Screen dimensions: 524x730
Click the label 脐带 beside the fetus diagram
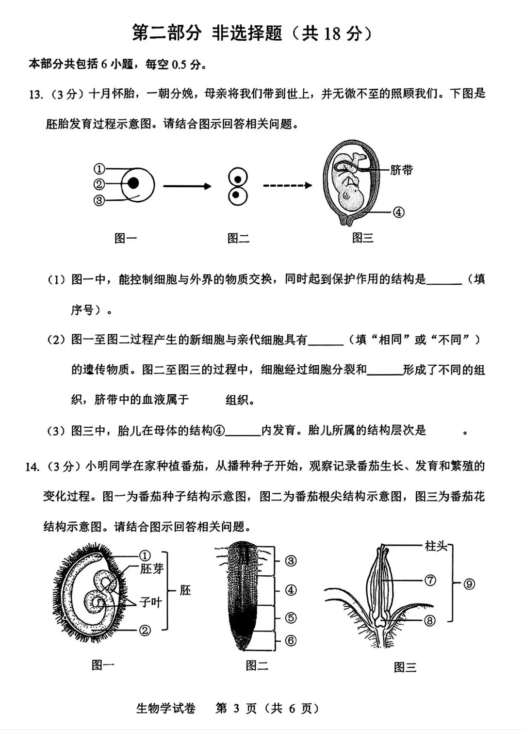point(401,170)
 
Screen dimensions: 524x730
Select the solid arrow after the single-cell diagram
point(187,186)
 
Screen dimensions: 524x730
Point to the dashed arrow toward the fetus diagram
point(287,185)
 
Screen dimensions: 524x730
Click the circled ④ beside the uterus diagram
point(398,212)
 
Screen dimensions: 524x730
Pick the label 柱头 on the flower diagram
point(436,546)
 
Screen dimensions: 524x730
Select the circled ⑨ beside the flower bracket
point(469,584)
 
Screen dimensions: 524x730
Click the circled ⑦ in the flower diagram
point(430,580)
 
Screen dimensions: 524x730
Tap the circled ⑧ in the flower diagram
point(430,620)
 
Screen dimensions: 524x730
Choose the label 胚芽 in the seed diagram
point(152,568)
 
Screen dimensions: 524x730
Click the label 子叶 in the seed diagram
point(150,602)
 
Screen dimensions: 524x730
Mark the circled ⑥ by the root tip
point(290,640)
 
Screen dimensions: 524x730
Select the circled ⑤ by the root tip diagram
point(290,617)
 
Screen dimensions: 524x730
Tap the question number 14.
point(32,467)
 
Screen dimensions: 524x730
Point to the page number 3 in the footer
point(236,709)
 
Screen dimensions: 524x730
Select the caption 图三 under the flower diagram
point(405,667)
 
